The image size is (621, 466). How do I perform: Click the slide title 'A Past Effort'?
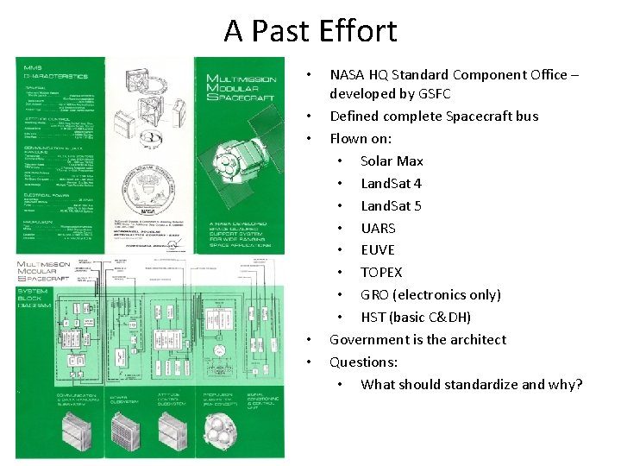pyautogui.click(x=310, y=31)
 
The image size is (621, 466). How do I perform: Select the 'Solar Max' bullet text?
pyautogui.click(x=392, y=161)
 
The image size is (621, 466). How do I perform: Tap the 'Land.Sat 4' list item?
pyautogui.click(x=391, y=183)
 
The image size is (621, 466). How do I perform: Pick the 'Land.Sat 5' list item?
pyautogui.click(x=391, y=205)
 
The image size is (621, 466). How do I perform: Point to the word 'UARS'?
pyautogui.click(x=378, y=228)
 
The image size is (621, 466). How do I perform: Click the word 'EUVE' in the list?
pyautogui.click(x=377, y=249)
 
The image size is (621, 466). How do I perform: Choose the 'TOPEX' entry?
pyautogui.click(x=381, y=272)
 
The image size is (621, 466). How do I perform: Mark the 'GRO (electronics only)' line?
pyautogui.click(x=430, y=294)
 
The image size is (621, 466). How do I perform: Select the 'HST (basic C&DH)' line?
pyautogui.click(x=416, y=317)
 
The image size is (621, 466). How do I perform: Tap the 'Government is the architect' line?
pyautogui.click(x=417, y=339)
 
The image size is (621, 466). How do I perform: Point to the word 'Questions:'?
pyautogui.click(x=363, y=362)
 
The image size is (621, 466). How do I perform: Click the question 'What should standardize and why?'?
pyautogui.click(x=471, y=384)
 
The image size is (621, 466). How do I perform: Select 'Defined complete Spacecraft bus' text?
pyautogui.click(x=434, y=116)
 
